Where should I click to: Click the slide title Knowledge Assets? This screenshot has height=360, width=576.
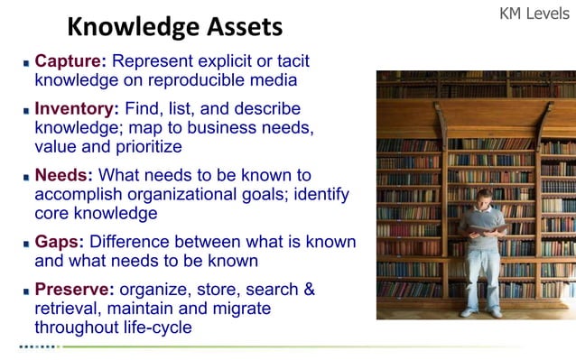click(x=175, y=26)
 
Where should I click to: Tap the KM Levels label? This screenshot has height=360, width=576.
click(x=535, y=15)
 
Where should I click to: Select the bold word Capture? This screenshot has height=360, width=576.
click(x=70, y=61)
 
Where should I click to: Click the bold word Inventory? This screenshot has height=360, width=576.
click(x=77, y=109)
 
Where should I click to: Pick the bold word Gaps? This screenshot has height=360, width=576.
click(x=60, y=242)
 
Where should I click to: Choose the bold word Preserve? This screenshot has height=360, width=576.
click(x=74, y=290)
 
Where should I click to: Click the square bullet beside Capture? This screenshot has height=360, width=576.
click(x=25, y=63)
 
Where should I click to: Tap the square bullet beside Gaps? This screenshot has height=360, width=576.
click(x=25, y=244)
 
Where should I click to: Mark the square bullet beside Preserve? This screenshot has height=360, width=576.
click(x=25, y=291)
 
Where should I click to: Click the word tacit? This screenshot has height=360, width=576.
click(x=289, y=61)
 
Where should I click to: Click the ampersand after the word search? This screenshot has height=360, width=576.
click(x=309, y=290)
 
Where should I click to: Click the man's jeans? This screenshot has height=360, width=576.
click(x=481, y=275)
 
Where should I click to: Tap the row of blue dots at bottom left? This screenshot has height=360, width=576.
click(x=37, y=346)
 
